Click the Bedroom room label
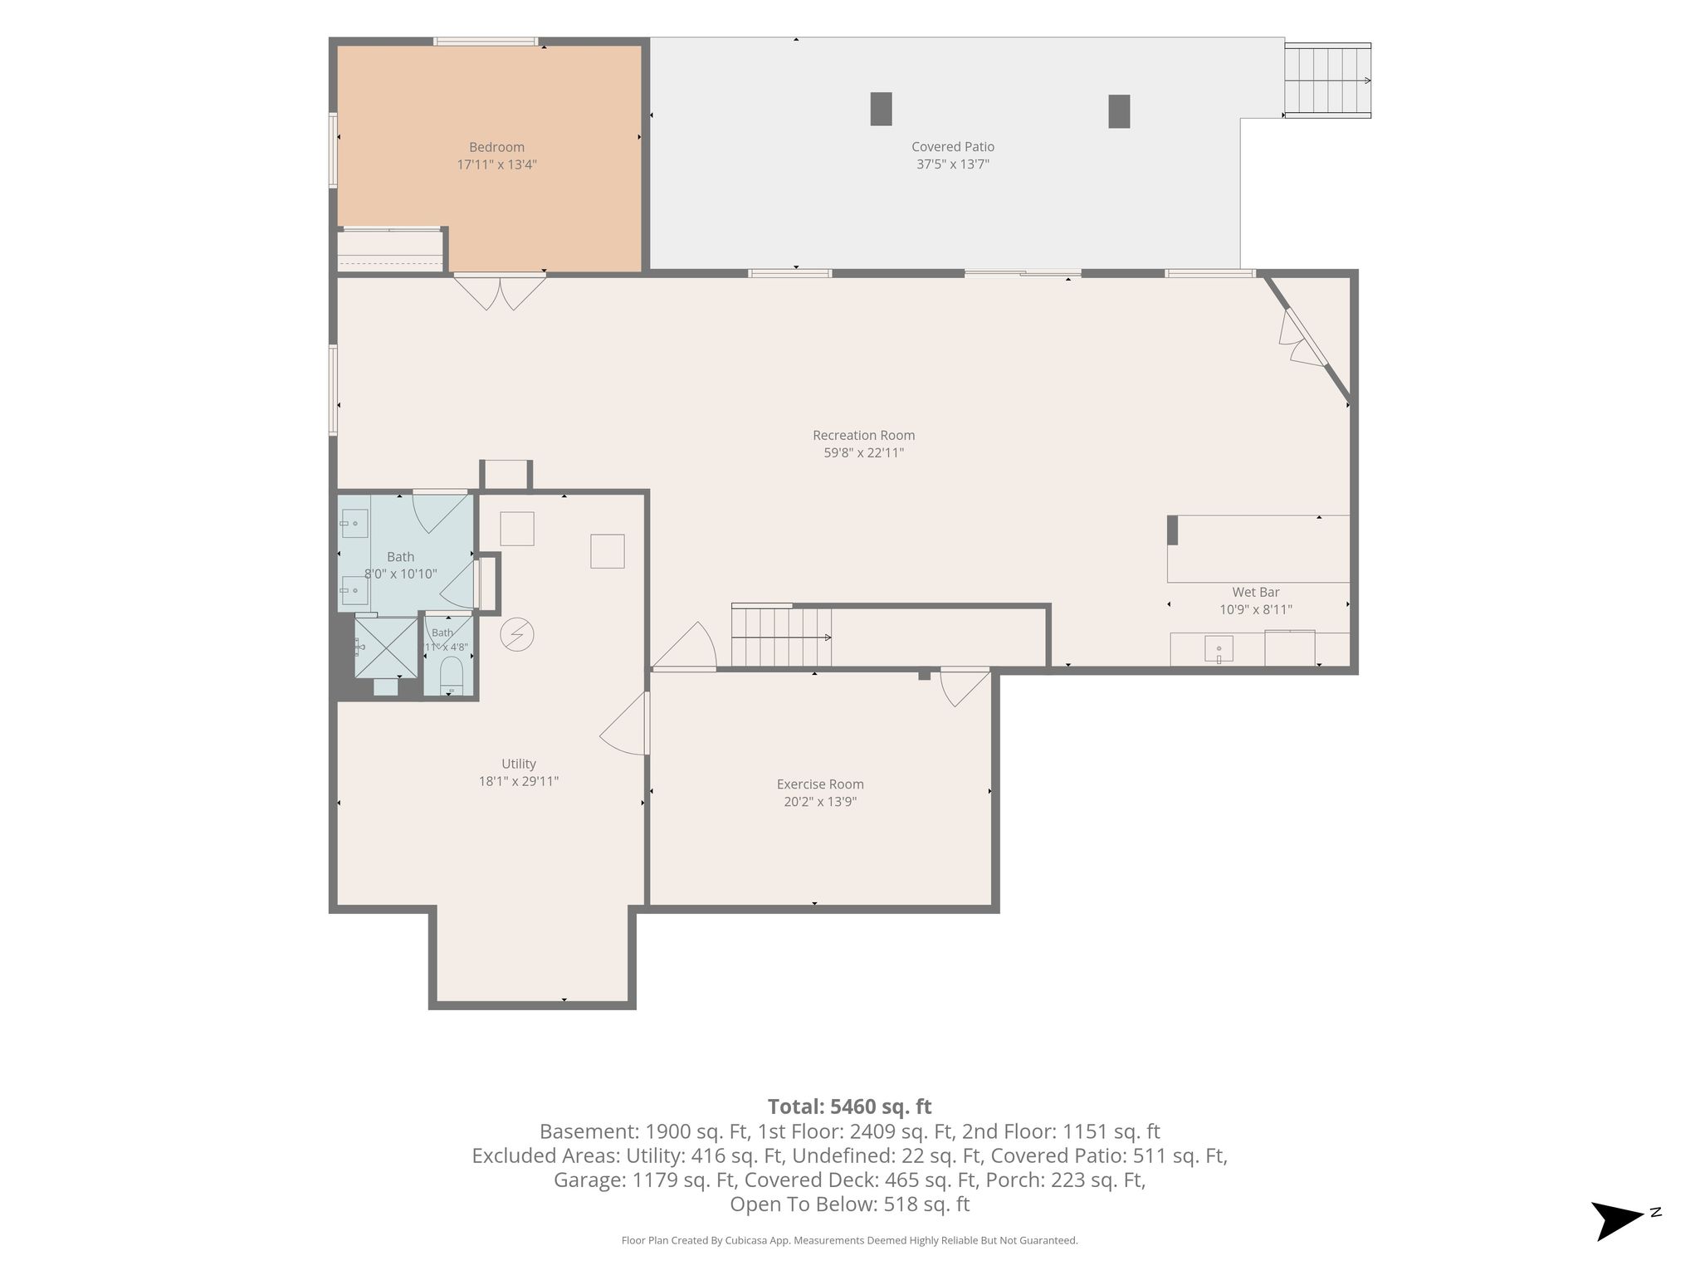496,147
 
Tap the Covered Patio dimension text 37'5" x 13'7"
953,164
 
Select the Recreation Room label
863,435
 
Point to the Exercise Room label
820,784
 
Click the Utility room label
519,764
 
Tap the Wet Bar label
1256,592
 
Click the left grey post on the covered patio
881,109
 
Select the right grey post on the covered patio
1119,111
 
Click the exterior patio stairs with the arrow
1327,81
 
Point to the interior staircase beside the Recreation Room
781,637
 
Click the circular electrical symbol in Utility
517,636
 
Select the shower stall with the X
386,647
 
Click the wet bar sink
1219,648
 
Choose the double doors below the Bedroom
500,291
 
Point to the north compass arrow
1619,1220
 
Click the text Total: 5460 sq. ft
849,1106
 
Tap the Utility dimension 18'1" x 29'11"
519,781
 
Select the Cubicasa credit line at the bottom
849,1240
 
